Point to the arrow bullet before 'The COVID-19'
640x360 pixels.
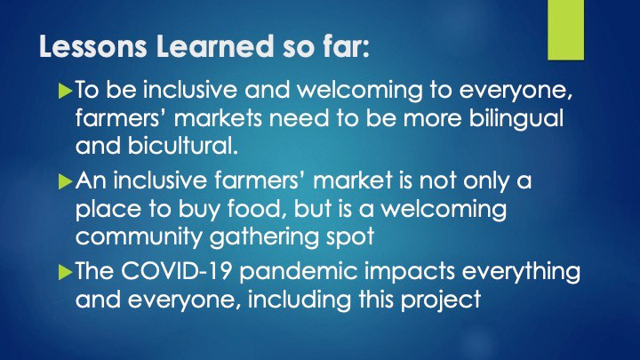click(x=63, y=274)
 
